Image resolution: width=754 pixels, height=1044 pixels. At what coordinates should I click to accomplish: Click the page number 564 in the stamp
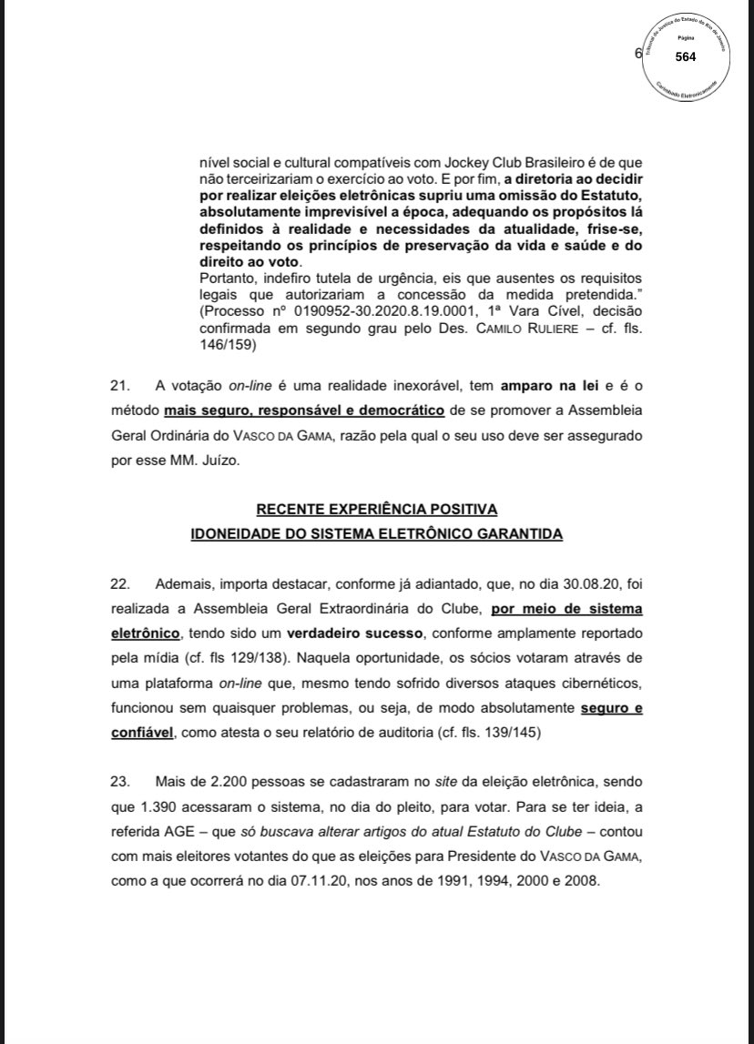[x=686, y=56]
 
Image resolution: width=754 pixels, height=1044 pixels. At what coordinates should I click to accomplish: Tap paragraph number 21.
[x=119, y=388]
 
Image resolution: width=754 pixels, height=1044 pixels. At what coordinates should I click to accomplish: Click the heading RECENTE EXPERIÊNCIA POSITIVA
[x=376, y=509]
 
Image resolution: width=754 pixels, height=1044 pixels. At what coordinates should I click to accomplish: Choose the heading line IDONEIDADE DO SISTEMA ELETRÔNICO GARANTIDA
[x=376, y=533]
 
